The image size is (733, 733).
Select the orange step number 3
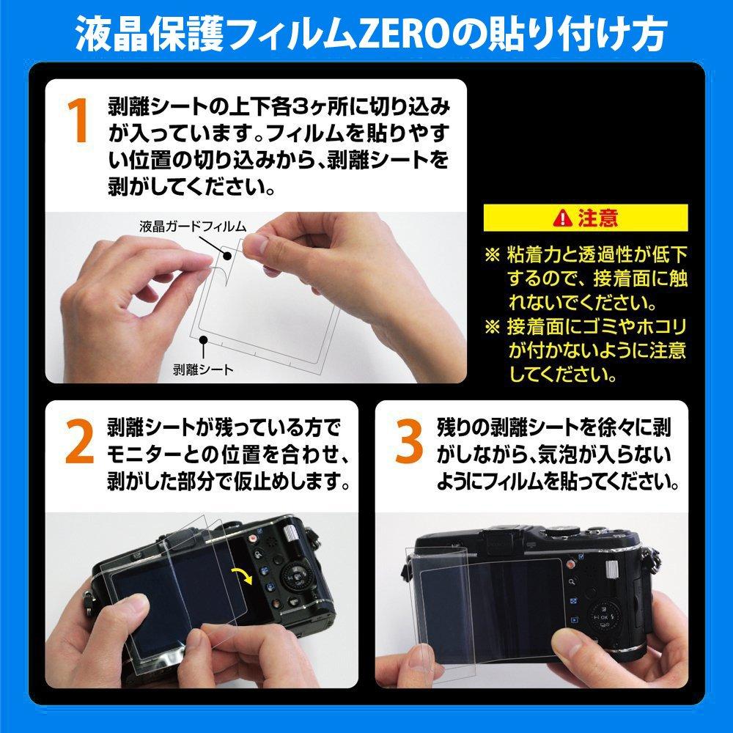click(410, 443)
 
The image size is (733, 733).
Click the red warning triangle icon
click(563, 217)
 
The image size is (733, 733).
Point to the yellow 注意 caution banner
click(586, 217)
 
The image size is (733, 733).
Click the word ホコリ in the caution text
click(659, 325)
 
